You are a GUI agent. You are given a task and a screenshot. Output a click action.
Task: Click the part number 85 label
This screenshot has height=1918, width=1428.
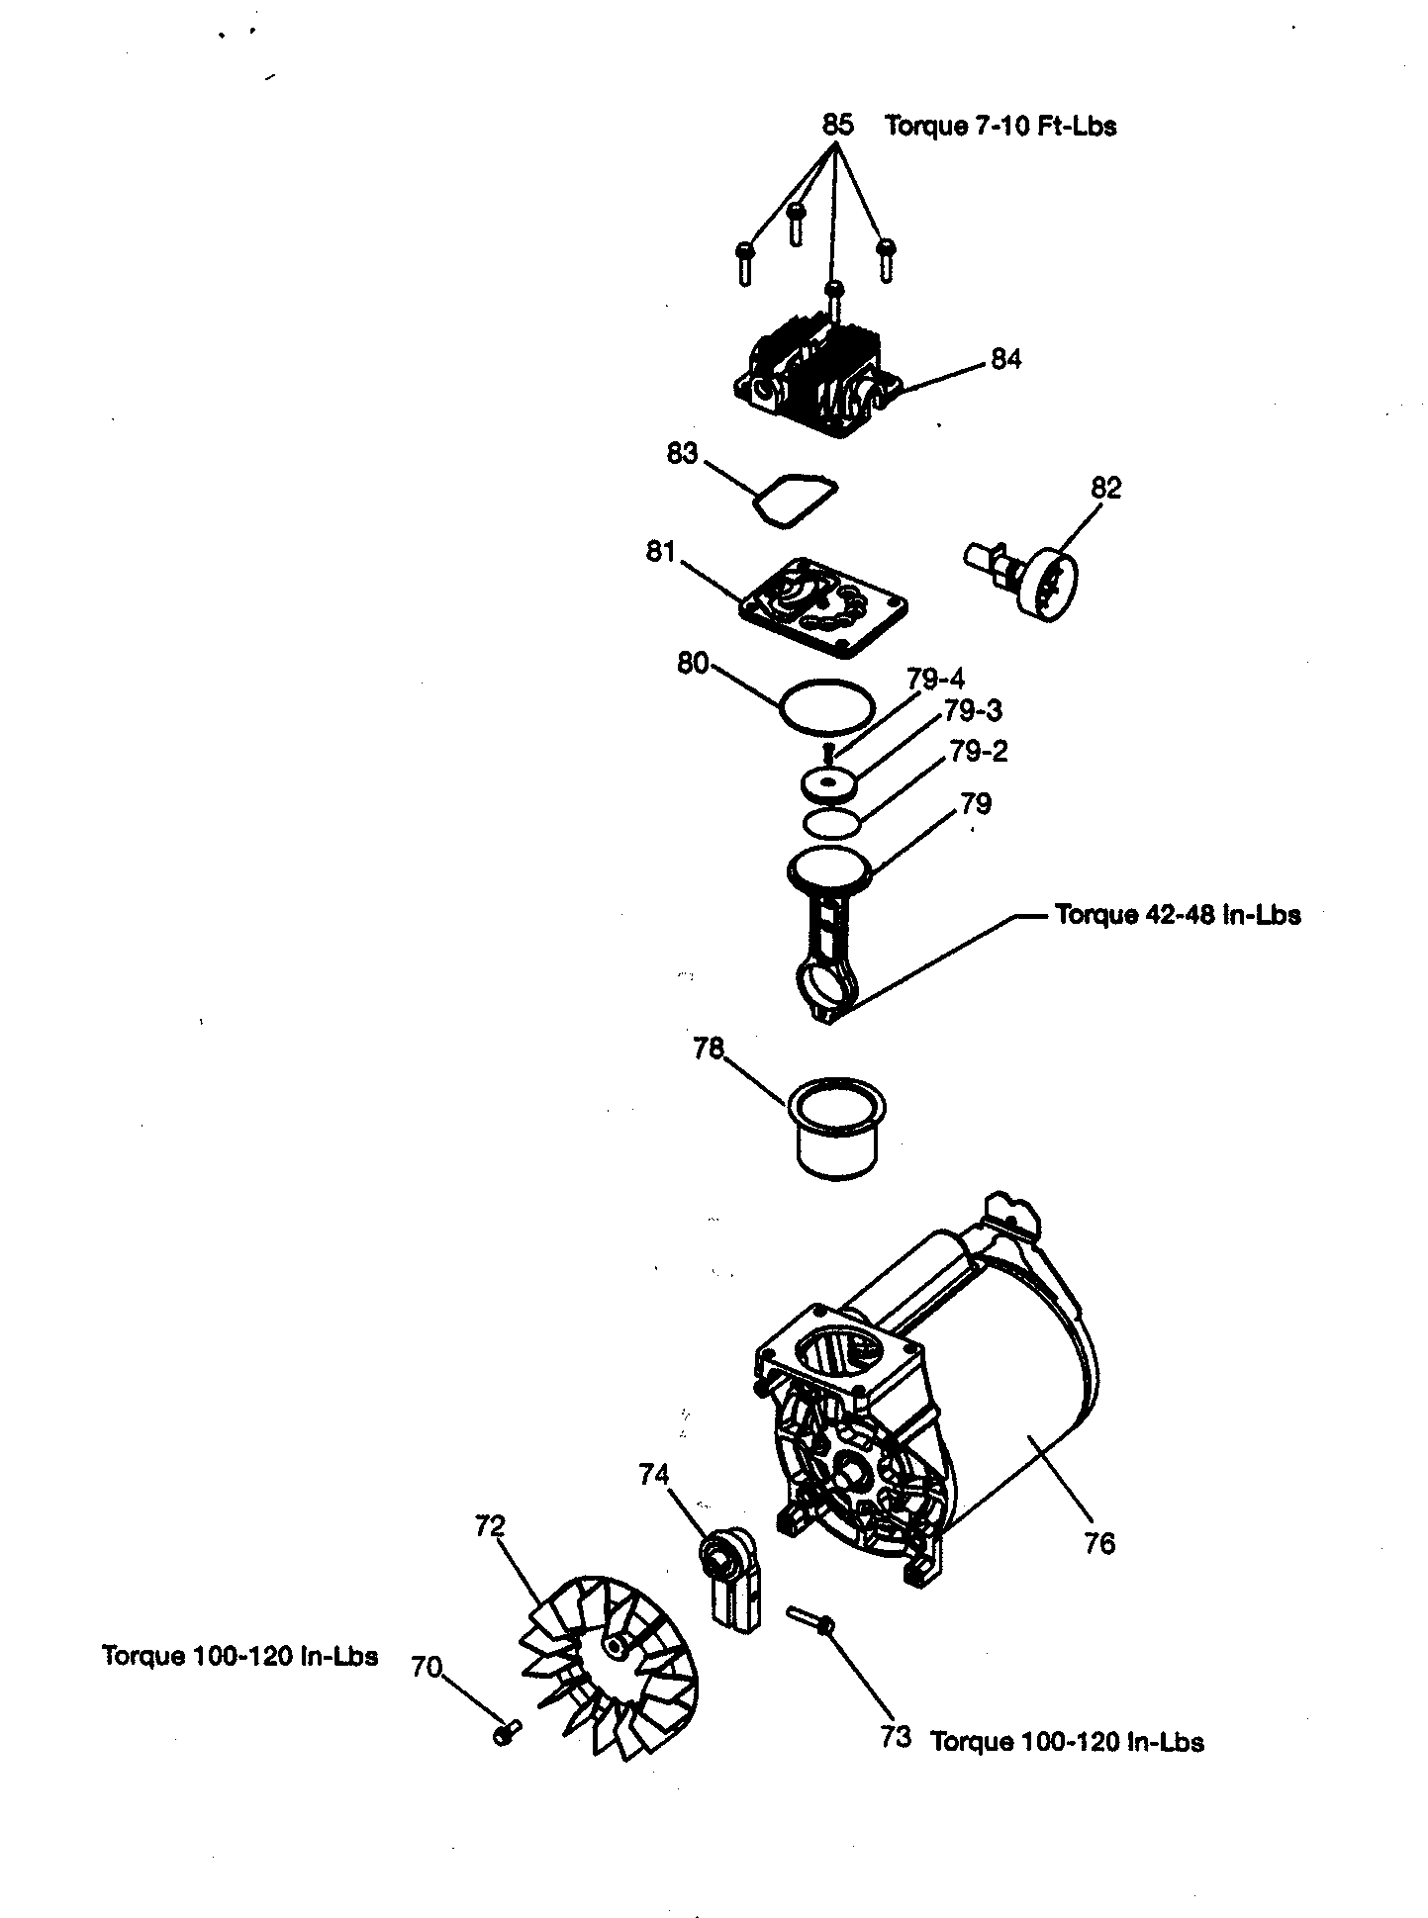(836, 125)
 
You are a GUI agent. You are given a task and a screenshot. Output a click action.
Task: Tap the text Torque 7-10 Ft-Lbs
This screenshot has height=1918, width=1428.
(1000, 126)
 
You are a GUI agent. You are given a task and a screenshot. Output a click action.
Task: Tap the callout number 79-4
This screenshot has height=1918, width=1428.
(935, 680)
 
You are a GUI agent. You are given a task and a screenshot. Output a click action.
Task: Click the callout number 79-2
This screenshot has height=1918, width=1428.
(979, 752)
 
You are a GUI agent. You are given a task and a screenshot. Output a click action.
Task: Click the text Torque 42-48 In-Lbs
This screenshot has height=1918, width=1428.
(1178, 914)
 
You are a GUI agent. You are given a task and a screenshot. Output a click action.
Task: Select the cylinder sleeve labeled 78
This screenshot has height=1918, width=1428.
(836, 1128)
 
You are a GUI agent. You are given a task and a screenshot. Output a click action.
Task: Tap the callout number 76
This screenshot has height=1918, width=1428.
(1099, 1542)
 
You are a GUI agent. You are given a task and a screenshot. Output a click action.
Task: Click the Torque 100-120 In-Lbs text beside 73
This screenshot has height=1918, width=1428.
(1067, 1742)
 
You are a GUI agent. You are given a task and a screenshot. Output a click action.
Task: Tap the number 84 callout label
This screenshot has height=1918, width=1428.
(1005, 359)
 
